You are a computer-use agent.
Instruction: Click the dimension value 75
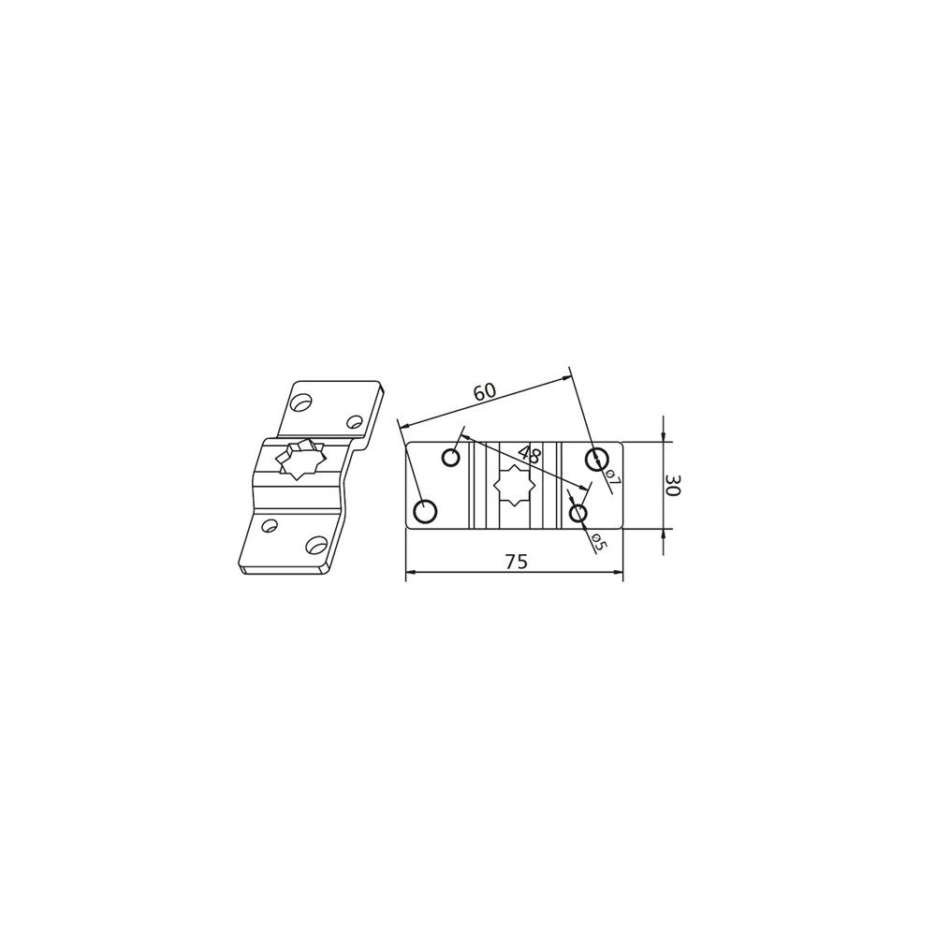pyautogui.click(x=516, y=562)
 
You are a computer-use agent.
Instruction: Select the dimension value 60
pyautogui.click(x=484, y=392)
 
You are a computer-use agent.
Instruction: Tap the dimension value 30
pyautogui.click(x=672, y=485)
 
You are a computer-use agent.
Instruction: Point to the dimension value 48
pyautogui.click(x=530, y=456)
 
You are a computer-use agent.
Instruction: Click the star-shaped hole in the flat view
pyautogui.click(x=514, y=485)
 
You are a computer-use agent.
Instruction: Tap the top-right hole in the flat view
pyautogui.click(x=596, y=459)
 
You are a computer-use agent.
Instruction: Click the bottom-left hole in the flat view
pyautogui.click(x=425, y=511)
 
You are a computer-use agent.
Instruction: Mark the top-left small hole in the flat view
pyautogui.click(x=451, y=458)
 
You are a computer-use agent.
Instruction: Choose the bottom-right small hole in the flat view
pyautogui.click(x=578, y=513)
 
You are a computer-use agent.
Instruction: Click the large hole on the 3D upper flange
pyautogui.click(x=300, y=402)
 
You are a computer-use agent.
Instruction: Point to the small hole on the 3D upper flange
pyautogui.click(x=355, y=422)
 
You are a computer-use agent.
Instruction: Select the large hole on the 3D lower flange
pyautogui.click(x=316, y=545)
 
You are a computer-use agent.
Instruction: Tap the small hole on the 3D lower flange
pyautogui.click(x=270, y=525)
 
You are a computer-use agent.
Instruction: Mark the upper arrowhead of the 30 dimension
pyautogui.click(x=663, y=437)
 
